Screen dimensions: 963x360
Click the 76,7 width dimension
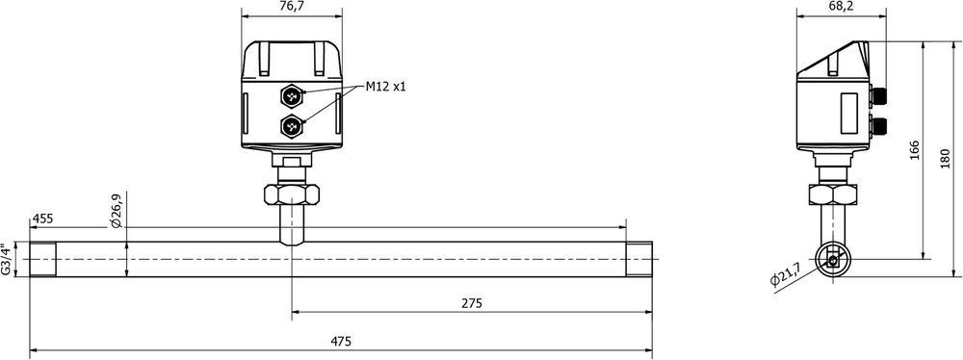pyautogui.click(x=293, y=6)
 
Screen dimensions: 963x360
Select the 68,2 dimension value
pyautogui.click(x=842, y=6)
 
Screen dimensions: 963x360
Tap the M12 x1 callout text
pyautogui.click(x=386, y=87)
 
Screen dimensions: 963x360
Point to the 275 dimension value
pyautogui.click(x=472, y=303)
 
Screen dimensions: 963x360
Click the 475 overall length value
pyautogui.click(x=341, y=342)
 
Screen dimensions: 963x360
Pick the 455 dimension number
pyautogui.click(x=43, y=219)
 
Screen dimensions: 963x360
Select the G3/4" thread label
pyautogui.click(x=6, y=259)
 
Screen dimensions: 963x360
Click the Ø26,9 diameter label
pyautogui.click(x=117, y=211)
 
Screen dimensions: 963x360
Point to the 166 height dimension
pyautogui.click(x=914, y=150)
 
